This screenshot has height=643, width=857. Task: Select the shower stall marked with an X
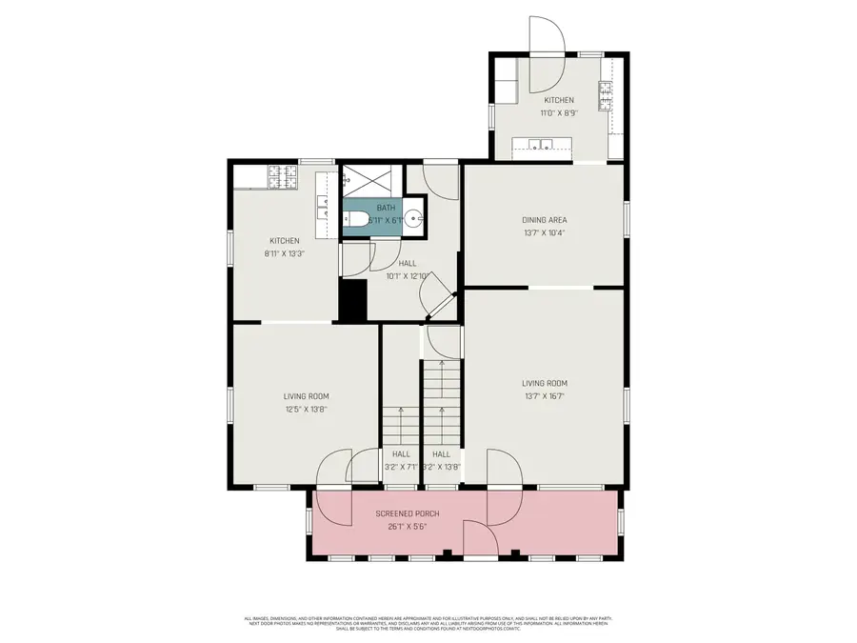361,178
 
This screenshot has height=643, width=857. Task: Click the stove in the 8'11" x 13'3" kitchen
281,176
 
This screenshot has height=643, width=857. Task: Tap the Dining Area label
545,220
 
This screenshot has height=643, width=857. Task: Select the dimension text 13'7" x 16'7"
545,396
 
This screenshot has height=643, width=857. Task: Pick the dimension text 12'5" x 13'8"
306,410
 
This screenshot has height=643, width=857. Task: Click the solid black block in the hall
353,300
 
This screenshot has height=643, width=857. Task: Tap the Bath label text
386,208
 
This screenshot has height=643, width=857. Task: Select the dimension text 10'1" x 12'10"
407,277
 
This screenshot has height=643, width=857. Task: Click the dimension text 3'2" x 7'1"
400,467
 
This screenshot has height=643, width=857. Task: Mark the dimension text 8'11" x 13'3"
285,254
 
